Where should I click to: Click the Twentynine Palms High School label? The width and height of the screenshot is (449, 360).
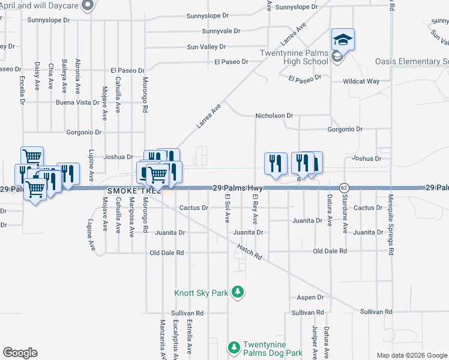pyautogui.click(x=294, y=57)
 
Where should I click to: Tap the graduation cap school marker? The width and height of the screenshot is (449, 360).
pyautogui.click(x=343, y=40)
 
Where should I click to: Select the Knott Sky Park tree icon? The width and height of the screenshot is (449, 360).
pyautogui.click(x=238, y=292)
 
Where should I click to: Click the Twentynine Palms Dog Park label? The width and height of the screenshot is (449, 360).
pyautogui.click(x=273, y=349)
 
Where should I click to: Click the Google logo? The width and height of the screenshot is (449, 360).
pyautogui.click(x=20, y=352)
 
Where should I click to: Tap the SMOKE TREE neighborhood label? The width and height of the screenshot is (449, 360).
pyautogui.click(x=126, y=191)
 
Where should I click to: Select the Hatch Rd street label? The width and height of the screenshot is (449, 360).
pyautogui.click(x=250, y=251)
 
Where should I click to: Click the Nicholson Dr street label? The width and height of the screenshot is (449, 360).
pyautogui.click(x=274, y=115)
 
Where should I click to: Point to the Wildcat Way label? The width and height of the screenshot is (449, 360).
pyautogui.click(x=361, y=81)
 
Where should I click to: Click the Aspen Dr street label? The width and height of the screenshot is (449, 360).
pyautogui.click(x=310, y=297)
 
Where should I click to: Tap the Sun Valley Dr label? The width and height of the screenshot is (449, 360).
pyautogui.click(x=206, y=46)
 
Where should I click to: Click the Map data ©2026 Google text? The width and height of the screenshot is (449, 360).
pyautogui.click(x=411, y=355)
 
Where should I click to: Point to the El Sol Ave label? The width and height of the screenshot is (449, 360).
pyautogui.click(x=228, y=208)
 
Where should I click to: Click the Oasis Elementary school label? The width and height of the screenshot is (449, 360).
pyautogui.click(x=412, y=62)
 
